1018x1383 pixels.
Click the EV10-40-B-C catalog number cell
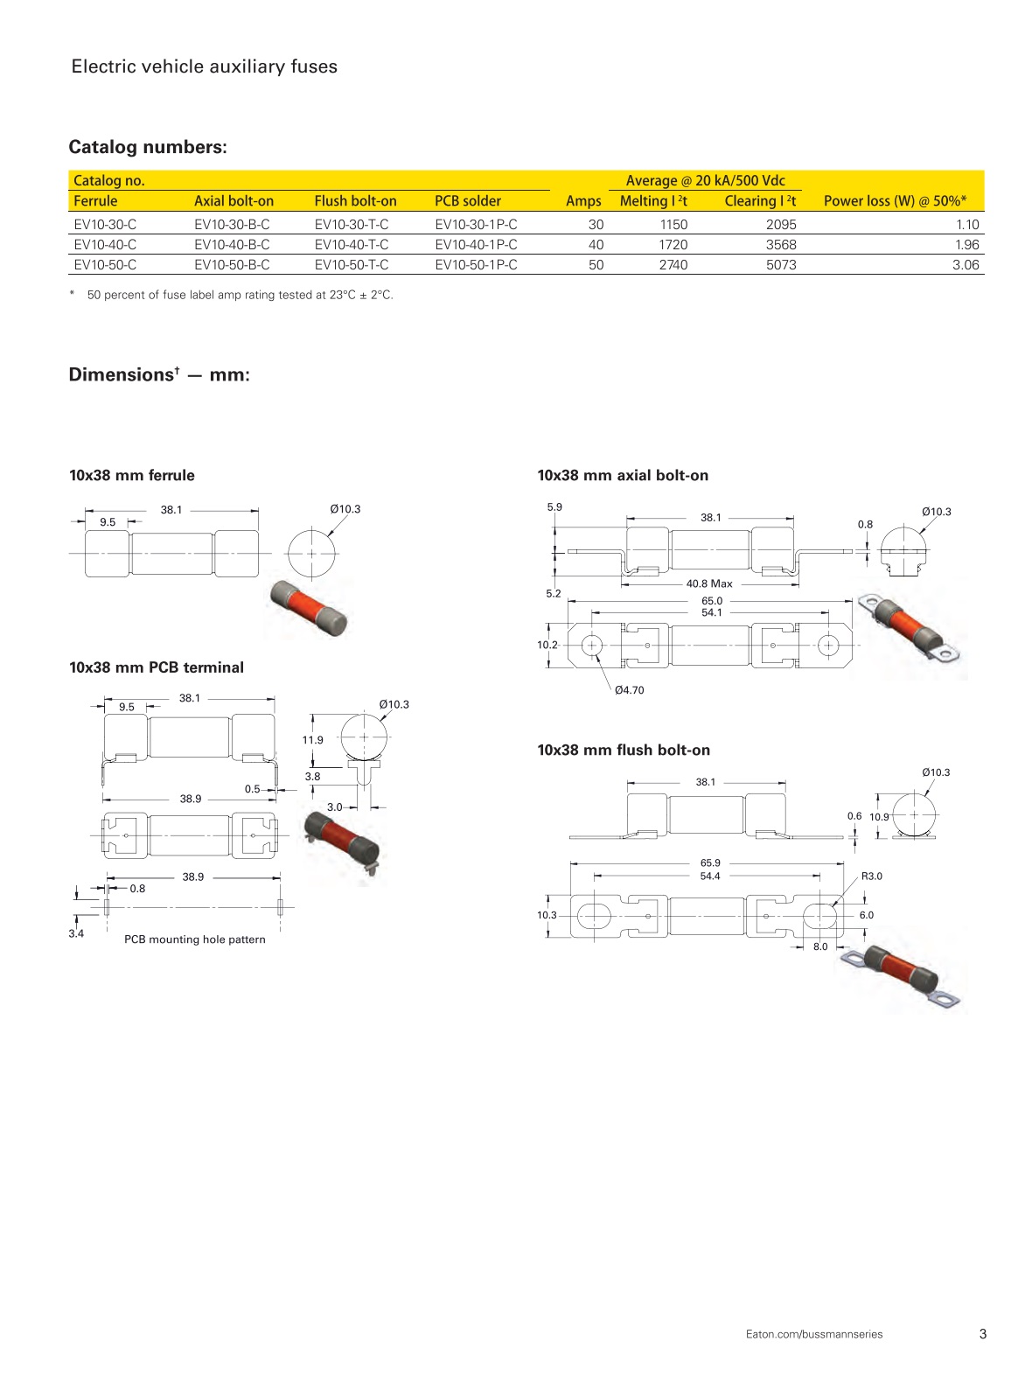(x=232, y=245)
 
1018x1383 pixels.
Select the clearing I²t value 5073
(x=781, y=265)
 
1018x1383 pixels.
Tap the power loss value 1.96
(x=966, y=245)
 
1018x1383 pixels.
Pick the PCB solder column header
(x=468, y=201)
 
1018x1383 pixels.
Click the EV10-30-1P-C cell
(x=476, y=225)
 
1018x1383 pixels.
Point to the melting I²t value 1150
(x=673, y=225)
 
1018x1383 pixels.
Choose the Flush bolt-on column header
(x=355, y=201)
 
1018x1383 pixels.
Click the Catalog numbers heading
(x=148, y=147)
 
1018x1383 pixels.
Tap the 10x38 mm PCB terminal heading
(x=157, y=667)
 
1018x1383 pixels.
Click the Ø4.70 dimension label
(x=629, y=690)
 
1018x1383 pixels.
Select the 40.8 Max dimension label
(x=709, y=583)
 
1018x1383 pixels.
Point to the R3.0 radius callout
(x=872, y=876)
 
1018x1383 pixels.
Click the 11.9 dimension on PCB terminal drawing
(x=312, y=740)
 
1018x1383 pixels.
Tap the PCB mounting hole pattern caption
(x=194, y=939)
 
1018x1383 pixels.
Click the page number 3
(x=983, y=1334)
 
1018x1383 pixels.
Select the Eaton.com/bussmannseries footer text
(x=814, y=1334)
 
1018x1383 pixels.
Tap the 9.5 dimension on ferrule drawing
(x=108, y=522)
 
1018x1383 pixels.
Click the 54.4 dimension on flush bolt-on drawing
(x=710, y=876)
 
